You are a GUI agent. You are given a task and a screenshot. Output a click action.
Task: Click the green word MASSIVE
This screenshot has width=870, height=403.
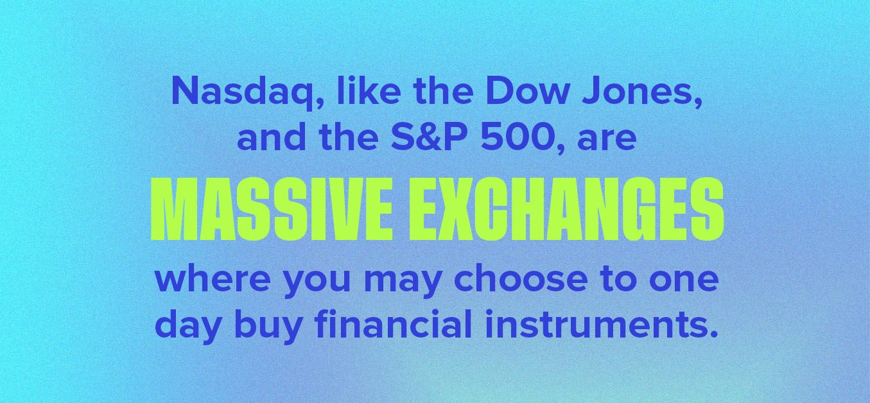271,210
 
